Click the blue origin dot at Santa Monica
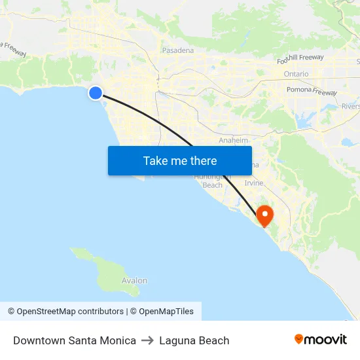pos(96,93)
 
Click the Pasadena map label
pos(178,50)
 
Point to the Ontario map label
pos(296,74)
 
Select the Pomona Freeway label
pos(311,90)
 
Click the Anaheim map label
pos(234,140)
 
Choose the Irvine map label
pos(254,183)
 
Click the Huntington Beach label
pos(212,181)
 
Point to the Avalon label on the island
pos(134,281)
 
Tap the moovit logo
pos(321,339)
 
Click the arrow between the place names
pos(147,340)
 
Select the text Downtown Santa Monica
pos(75,340)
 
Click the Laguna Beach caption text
pos(194,340)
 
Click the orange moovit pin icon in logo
pos(299,339)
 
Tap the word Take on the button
pos(156,160)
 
